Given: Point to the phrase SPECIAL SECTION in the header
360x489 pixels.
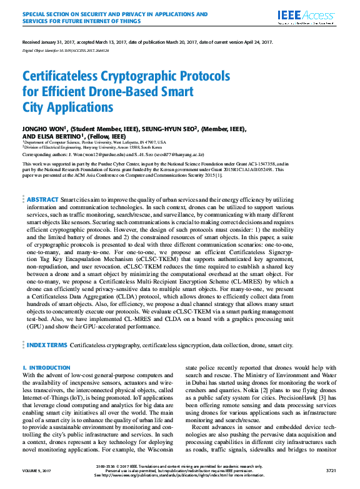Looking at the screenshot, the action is point(46,13).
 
